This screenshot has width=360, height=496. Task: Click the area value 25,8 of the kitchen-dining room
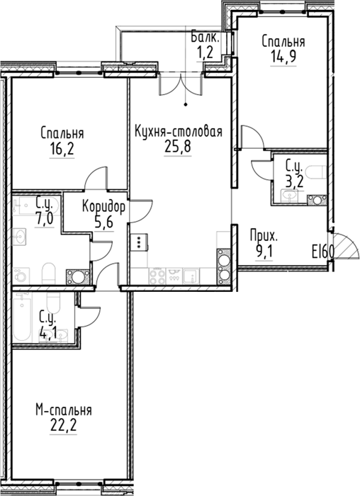click(178, 146)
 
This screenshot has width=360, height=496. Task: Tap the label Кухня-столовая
click(179, 131)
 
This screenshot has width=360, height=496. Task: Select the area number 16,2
click(62, 148)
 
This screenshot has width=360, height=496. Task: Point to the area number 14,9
click(283, 56)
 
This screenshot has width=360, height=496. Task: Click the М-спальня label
click(63, 410)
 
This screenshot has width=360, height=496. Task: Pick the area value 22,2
click(63, 425)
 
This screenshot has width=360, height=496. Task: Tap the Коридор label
click(103, 207)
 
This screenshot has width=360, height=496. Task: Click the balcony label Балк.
click(205, 38)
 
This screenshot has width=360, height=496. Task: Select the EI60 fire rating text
click(322, 252)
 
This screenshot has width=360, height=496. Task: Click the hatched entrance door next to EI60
click(346, 246)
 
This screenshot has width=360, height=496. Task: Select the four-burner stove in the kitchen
click(157, 276)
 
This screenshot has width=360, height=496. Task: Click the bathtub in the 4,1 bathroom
click(23, 316)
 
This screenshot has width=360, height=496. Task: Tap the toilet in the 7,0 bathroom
click(49, 273)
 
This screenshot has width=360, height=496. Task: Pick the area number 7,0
click(44, 218)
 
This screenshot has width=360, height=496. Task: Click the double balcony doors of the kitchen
click(180, 84)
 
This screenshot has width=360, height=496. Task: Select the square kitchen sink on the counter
click(191, 276)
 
